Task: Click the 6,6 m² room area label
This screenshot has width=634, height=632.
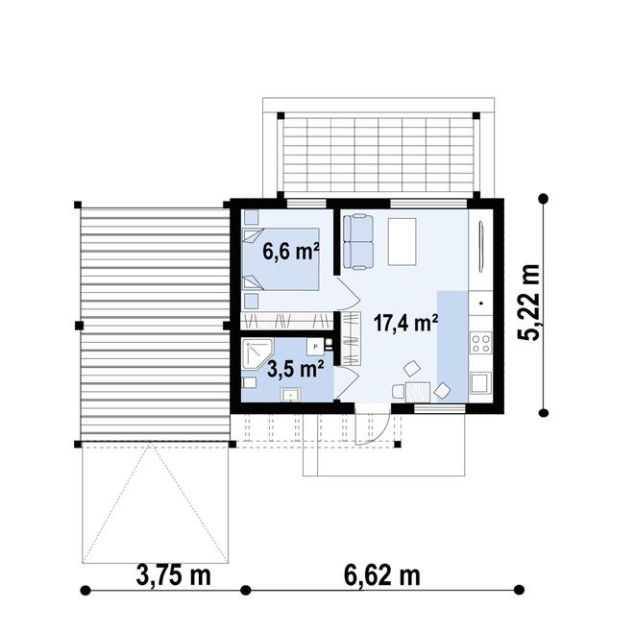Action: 291,252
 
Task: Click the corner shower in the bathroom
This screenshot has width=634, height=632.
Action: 257,353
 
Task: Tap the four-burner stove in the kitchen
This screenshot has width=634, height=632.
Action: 480,340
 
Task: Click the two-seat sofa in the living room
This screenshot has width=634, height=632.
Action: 358,240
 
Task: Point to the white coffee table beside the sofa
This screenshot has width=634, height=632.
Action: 402,241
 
